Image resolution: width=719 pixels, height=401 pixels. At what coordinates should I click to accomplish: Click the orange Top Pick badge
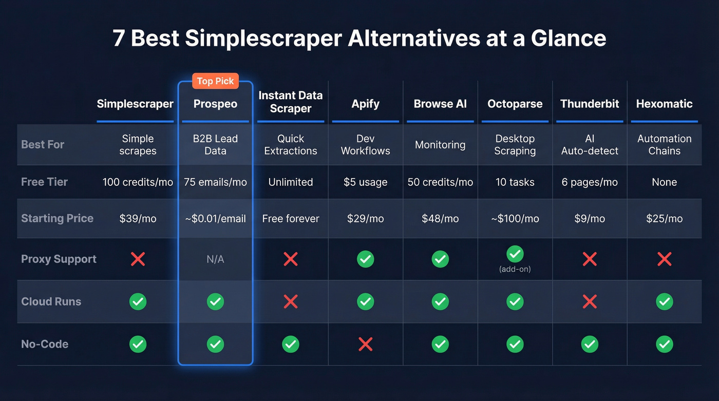[215, 81]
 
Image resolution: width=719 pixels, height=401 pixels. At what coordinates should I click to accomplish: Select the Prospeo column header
[215, 104]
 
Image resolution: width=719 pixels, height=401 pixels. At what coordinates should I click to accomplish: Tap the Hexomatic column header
[664, 104]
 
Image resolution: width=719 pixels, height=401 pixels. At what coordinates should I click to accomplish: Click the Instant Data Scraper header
[291, 102]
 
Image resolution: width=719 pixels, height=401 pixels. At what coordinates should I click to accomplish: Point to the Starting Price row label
[57, 218]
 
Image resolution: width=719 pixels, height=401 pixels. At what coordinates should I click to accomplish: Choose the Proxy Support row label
[59, 259]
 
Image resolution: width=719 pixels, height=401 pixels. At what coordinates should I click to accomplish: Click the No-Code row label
[45, 344]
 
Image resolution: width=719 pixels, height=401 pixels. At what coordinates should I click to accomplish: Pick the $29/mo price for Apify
[365, 219]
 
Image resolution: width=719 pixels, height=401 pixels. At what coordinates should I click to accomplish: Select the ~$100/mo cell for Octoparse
[515, 219]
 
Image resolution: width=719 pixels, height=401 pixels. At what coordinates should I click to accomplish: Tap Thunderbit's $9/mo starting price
[590, 219]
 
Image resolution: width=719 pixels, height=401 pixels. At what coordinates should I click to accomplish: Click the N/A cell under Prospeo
[215, 259]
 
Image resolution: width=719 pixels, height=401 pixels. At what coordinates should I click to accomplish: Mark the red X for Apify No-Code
[365, 344]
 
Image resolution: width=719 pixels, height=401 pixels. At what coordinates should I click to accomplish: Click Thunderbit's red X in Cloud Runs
[590, 301]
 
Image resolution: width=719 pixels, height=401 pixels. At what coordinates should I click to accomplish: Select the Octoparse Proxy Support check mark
[515, 254]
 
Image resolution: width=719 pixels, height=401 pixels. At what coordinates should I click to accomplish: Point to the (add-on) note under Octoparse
[515, 269]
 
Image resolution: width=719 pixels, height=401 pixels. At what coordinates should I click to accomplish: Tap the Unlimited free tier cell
[291, 182]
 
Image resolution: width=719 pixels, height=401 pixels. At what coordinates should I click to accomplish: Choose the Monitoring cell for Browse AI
[440, 145]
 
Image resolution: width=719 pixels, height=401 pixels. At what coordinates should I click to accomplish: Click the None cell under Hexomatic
[664, 182]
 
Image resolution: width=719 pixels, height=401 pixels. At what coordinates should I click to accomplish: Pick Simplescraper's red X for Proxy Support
[138, 259]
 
